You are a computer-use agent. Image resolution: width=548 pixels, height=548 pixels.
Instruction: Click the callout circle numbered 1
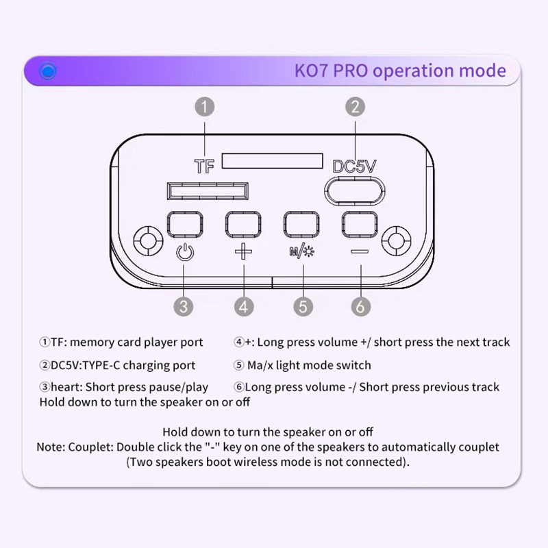pyautogui.click(x=205, y=107)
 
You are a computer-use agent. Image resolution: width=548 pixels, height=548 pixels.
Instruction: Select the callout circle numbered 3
pyautogui.click(x=183, y=306)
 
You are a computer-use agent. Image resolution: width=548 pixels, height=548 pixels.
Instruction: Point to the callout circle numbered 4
pyautogui.click(x=243, y=306)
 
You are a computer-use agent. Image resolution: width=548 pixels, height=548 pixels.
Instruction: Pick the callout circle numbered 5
pyautogui.click(x=303, y=306)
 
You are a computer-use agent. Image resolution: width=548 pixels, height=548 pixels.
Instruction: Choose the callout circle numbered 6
pyautogui.click(x=360, y=306)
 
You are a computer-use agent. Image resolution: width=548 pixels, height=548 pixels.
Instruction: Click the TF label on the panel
pyautogui.click(x=204, y=166)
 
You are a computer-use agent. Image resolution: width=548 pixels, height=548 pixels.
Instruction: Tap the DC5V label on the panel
pyautogui.click(x=355, y=166)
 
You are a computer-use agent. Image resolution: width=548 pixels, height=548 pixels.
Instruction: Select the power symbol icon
pyautogui.click(x=185, y=251)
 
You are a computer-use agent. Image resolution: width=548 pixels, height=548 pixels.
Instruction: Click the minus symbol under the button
pyautogui.click(x=360, y=251)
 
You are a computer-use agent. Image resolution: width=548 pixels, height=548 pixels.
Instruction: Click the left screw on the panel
pyautogui.click(x=148, y=241)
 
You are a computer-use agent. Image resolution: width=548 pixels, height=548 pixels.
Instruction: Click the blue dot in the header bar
pyautogui.click(x=47, y=71)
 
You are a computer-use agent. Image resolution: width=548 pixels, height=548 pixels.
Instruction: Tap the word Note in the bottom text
pyautogui.click(x=51, y=447)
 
